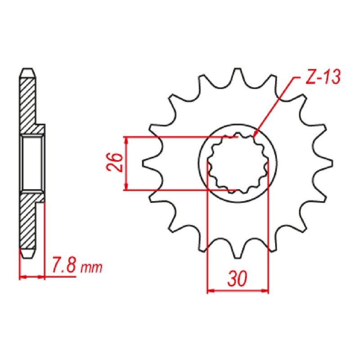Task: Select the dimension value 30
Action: (x=237, y=279)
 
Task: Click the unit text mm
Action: (x=91, y=269)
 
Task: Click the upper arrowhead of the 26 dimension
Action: (x=126, y=139)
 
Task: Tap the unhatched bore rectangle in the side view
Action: (x=32, y=163)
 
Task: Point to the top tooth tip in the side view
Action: (x=27, y=72)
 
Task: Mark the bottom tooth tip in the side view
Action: (x=27, y=254)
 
